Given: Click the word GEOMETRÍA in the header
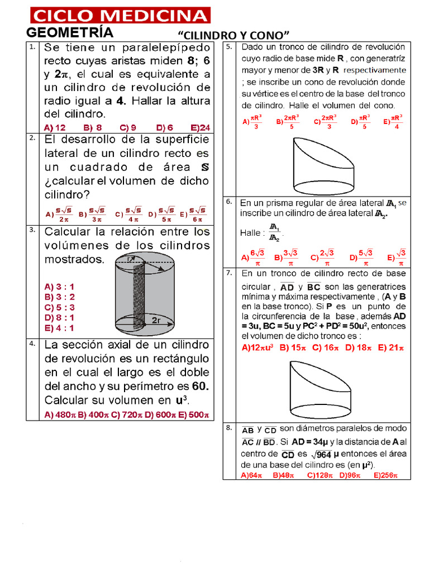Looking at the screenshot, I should pos(70,32).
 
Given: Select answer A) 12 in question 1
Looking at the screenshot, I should pos(55,127).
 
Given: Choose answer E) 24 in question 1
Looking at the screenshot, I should pos(200,127).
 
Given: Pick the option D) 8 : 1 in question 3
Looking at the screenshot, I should pos(59,317).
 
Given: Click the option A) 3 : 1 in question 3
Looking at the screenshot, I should pos(59,287).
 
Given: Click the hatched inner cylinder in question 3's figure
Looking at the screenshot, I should pos(138,296).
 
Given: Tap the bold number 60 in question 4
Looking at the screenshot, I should pos(199,387).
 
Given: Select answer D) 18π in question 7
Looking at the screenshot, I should pos(359,347).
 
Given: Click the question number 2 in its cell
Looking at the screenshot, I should pos(33,137).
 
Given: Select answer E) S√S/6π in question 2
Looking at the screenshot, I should pos(193,214).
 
